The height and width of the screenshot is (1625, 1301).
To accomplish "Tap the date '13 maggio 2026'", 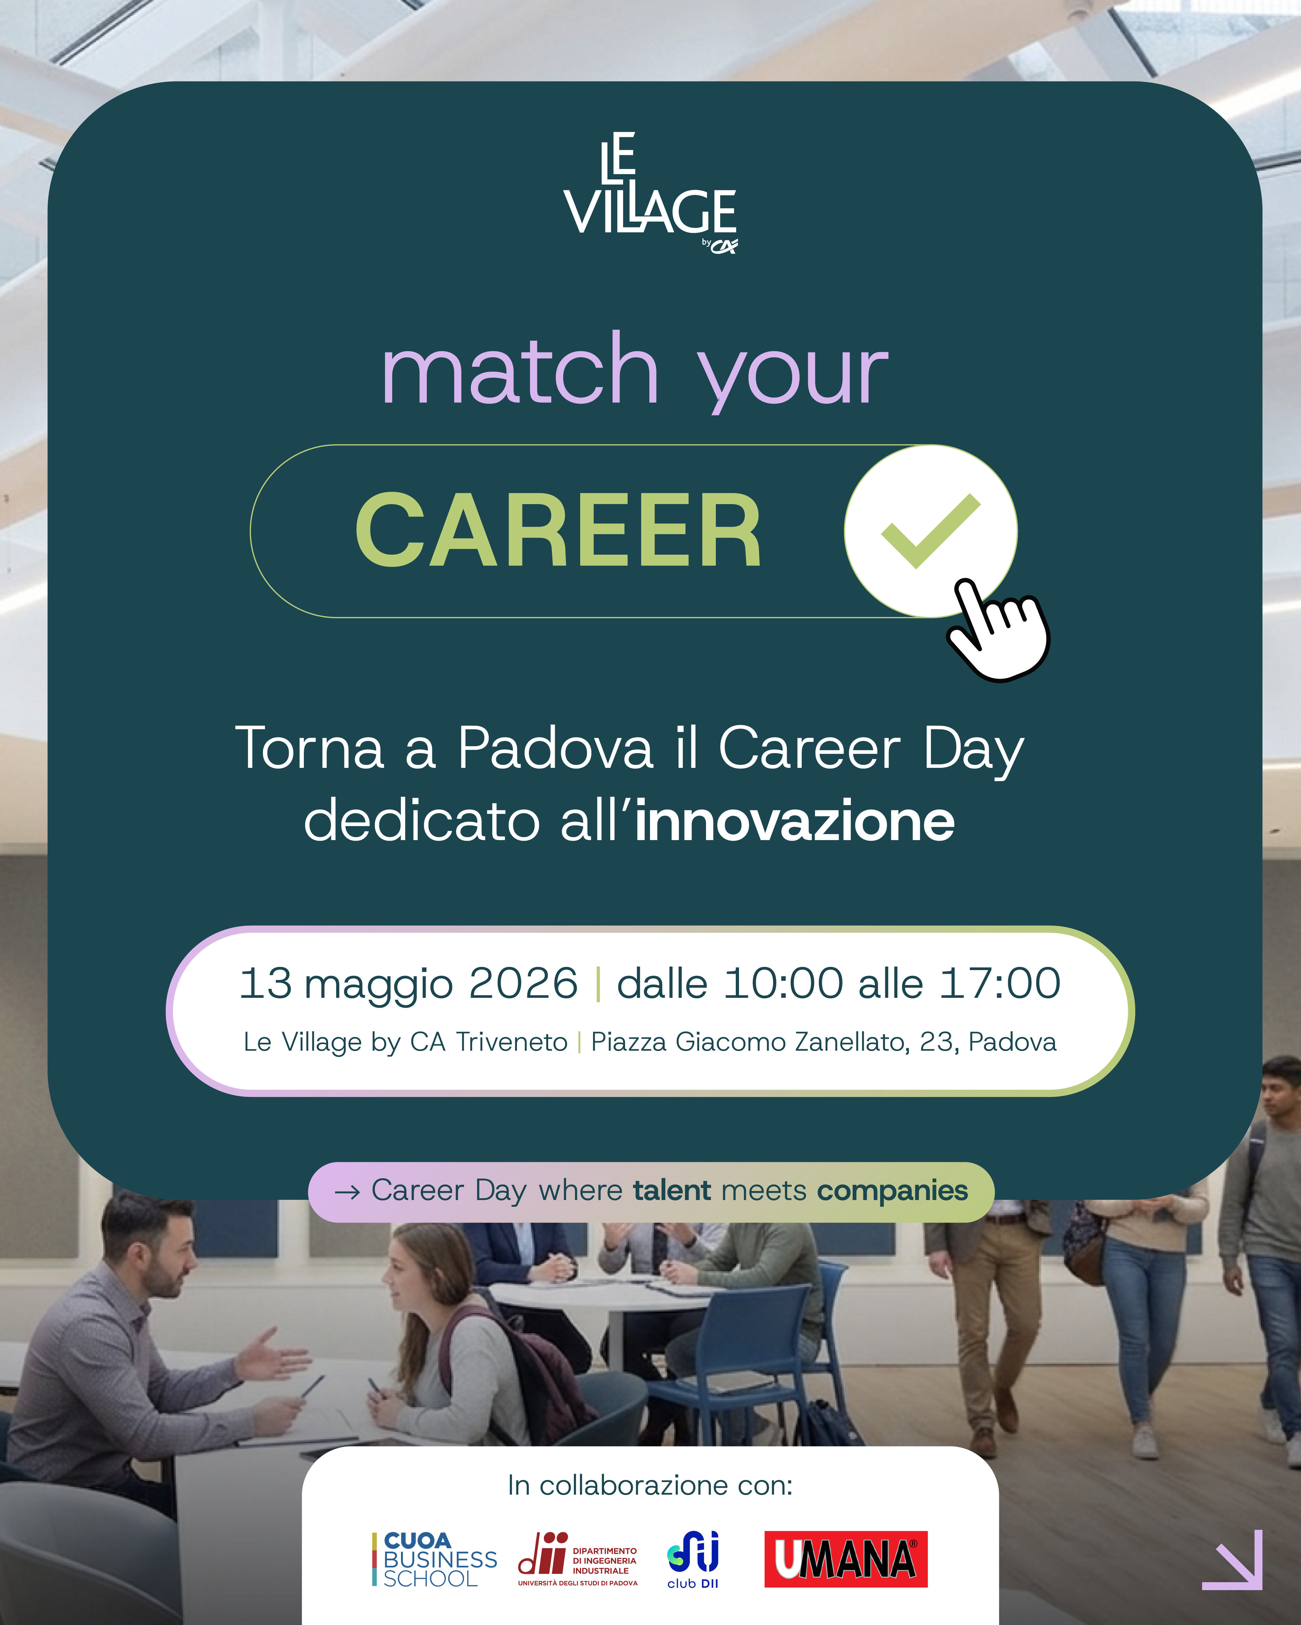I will (408, 984).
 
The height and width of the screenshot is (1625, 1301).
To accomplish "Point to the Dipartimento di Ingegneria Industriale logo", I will (578, 1559).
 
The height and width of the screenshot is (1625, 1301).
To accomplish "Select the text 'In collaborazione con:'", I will (650, 1485).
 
